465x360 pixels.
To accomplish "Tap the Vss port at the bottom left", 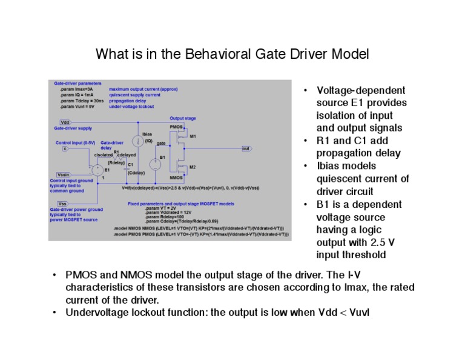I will click(x=62, y=203).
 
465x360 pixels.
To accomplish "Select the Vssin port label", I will click(x=64, y=174).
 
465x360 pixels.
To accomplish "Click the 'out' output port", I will click(x=246, y=148).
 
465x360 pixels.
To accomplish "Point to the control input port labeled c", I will click(x=65, y=148).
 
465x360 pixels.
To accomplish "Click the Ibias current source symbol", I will click(x=137, y=141).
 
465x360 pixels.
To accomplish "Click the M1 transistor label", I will click(x=193, y=136).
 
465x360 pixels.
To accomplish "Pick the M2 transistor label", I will click(x=193, y=167).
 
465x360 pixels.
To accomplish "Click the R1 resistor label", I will click(x=116, y=152).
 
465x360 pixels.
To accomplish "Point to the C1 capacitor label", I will click(x=130, y=164).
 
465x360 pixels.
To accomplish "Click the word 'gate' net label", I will click(x=161, y=143).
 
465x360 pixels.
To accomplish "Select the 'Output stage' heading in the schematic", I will click(x=182, y=118).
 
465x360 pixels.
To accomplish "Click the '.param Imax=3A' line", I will click(x=76, y=89).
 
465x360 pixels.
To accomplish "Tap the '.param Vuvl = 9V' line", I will click(x=77, y=107).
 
